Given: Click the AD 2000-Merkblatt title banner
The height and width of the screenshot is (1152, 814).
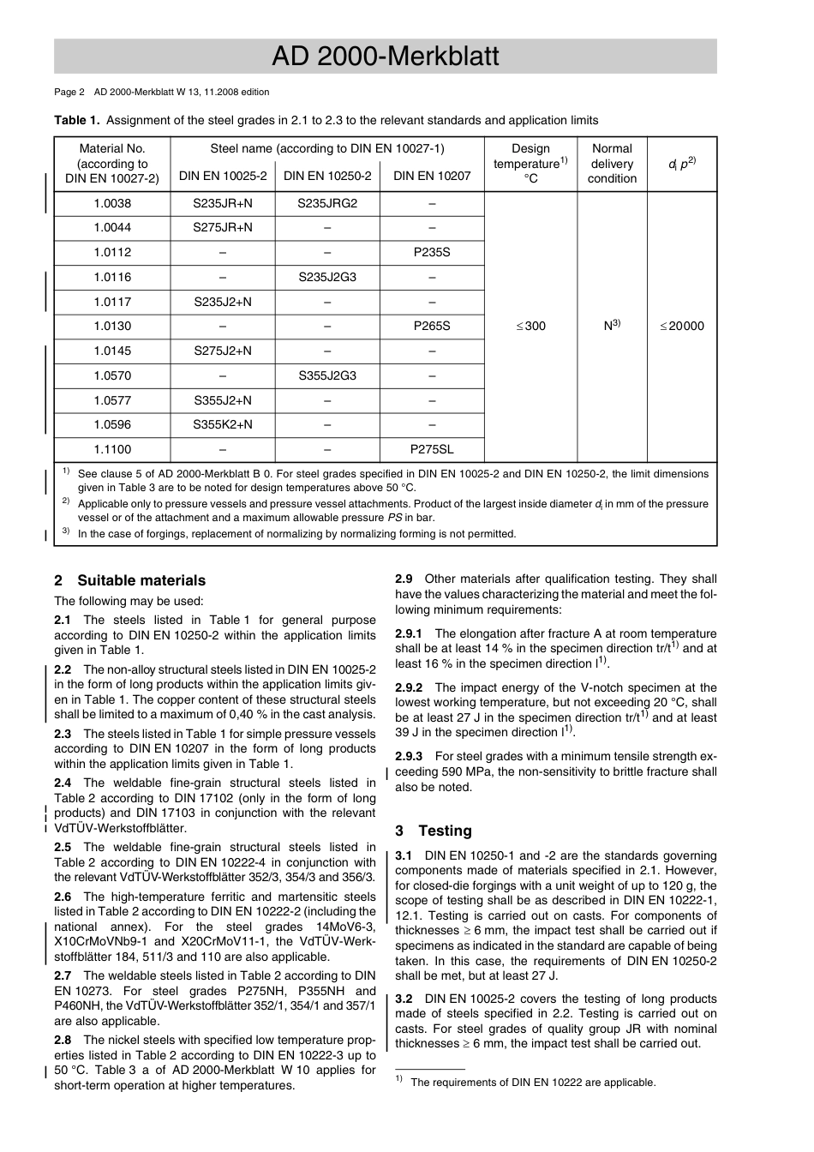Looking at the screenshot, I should [x=385, y=57].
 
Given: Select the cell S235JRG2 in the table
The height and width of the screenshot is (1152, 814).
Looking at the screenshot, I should [x=327, y=203].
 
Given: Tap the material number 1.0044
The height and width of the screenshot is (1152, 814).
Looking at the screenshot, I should [x=112, y=228].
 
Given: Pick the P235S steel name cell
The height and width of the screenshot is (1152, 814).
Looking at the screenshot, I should [x=431, y=252].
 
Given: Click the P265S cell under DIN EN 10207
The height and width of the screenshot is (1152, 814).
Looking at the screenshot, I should [x=431, y=326].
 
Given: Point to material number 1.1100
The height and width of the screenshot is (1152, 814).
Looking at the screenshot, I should [x=112, y=449].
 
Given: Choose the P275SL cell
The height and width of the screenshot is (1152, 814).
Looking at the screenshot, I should [x=431, y=449].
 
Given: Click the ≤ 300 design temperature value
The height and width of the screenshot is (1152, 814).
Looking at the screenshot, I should [x=530, y=326].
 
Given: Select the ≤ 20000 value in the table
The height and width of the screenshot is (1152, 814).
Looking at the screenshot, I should [x=681, y=326].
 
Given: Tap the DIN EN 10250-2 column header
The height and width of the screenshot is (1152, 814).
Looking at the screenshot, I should [x=327, y=176].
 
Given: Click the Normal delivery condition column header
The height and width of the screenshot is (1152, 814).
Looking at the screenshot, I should [x=612, y=163].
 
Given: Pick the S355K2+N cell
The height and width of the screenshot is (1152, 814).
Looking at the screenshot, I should [x=223, y=424].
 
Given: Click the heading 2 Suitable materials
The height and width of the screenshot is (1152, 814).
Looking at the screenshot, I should [x=130, y=580].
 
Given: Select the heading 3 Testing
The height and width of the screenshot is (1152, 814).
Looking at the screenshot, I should [x=434, y=831].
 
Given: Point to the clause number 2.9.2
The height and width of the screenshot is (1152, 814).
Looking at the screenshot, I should [x=409, y=687].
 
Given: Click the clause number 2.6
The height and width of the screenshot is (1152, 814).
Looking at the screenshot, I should [x=63, y=897].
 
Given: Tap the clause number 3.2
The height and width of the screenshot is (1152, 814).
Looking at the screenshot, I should [x=404, y=999].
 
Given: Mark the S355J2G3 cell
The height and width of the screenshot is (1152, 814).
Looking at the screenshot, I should [x=327, y=375].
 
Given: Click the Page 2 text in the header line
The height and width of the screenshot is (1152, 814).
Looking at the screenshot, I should [x=69, y=92].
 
